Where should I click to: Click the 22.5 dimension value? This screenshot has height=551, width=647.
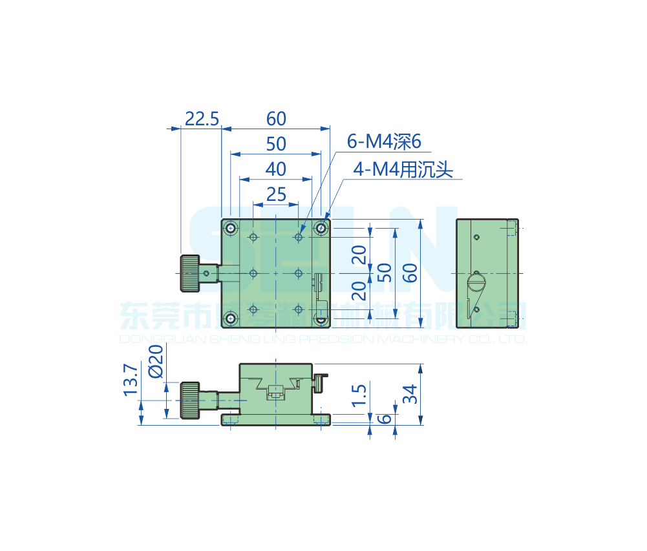click(202, 119)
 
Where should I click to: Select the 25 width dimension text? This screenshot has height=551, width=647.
click(276, 194)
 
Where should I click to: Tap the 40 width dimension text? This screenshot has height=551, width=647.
click(276, 169)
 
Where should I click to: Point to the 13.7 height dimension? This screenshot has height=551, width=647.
click(130, 380)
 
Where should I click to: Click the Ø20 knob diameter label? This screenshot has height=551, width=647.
click(155, 361)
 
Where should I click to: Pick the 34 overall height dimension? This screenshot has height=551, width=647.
click(409, 393)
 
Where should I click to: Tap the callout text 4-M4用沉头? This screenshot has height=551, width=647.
click(403, 169)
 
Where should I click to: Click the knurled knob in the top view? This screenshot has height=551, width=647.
click(189, 273)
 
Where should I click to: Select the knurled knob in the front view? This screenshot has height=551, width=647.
click(189, 400)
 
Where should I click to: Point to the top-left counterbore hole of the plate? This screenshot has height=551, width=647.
click(231, 228)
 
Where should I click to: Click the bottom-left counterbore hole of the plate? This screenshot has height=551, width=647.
click(231, 318)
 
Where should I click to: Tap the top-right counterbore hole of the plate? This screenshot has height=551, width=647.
click(321, 227)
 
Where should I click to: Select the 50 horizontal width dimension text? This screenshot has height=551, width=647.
click(276, 143)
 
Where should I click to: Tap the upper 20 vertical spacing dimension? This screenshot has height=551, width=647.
click(360, 256)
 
